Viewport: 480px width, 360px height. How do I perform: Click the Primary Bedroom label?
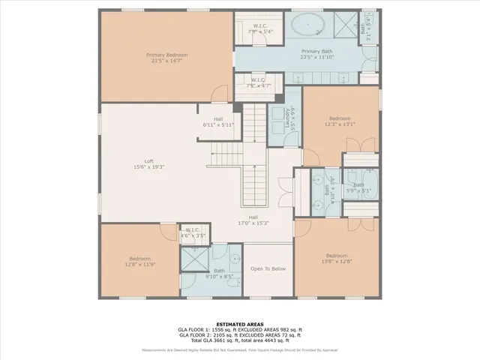[x=166, y=58]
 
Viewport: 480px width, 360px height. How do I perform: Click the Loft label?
[x=148, y=163]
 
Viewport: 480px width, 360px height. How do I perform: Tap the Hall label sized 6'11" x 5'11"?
[x=217, y=122]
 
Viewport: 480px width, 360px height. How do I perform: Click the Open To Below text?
[x=268, y=268]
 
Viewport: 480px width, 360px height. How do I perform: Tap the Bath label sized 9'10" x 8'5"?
[x=219, y=274]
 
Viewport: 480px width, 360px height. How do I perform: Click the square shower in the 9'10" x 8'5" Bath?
[x=195, y=262]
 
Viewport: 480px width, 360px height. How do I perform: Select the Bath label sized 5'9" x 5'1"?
[x=358, y=187]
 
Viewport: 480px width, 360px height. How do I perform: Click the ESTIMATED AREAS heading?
[x=239, y=324]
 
